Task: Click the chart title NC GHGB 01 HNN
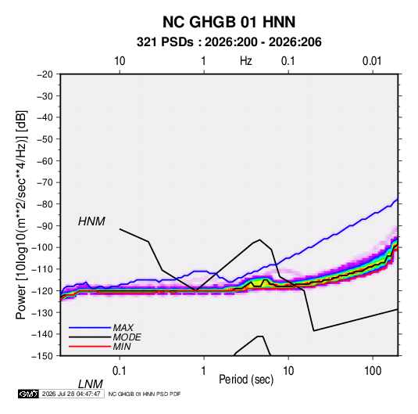[x=229, y=22]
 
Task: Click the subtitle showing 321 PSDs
[x=229, y=42]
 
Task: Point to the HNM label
[x=91, y=221]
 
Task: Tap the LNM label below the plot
[x=91, y=384]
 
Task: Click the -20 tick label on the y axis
[x=45, y=74]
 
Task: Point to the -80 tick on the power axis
[x=45, y=204]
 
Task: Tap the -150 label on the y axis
[x=42, y=356]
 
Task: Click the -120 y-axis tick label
[x=42, y=291]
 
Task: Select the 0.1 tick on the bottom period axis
[x=120, y=371]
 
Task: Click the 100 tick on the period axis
[x=373, y=371]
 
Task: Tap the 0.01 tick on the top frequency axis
[x=372, y=61]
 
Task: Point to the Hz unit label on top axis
[x=246, y=61]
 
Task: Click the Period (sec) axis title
[x=246, y=380]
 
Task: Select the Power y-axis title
[x=21, y=214]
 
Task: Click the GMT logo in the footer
[x=29, y=394]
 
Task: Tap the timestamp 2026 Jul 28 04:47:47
[x=71, y=394]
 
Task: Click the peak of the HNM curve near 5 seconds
[x=260, y=239]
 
